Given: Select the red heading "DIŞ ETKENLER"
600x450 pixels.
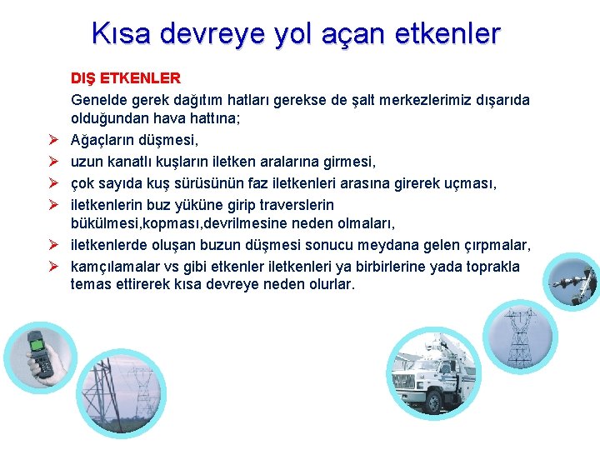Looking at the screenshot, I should click(125, 78).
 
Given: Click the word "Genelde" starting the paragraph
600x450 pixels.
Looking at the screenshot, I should click(99, 100).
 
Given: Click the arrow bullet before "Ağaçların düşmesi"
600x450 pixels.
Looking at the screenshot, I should click(52, 140).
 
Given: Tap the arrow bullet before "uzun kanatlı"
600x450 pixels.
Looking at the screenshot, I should click(52, 161).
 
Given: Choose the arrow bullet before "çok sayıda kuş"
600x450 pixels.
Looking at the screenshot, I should click(52, 182).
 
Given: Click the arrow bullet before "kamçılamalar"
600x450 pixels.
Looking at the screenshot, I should click(52, 267).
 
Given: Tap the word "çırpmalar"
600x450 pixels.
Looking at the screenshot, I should click(497, 245).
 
